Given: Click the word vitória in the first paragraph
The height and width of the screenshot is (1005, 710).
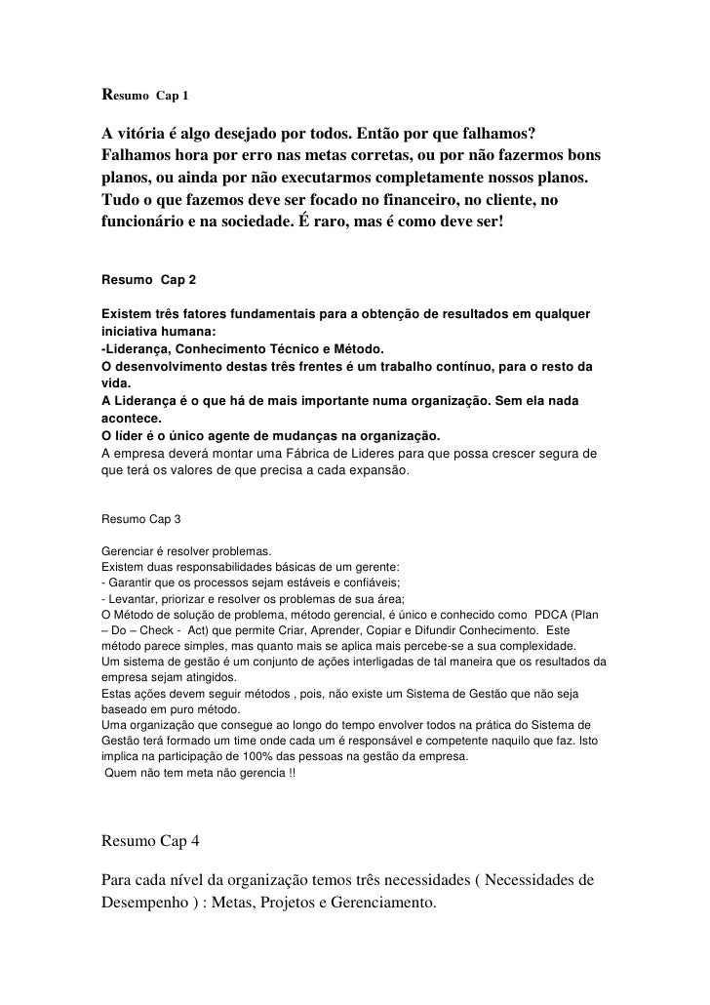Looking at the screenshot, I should (x=143, y=133).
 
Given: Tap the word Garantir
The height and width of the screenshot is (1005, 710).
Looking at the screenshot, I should (x=130, y=582).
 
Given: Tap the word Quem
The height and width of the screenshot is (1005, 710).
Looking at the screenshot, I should (x=120, y=773).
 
